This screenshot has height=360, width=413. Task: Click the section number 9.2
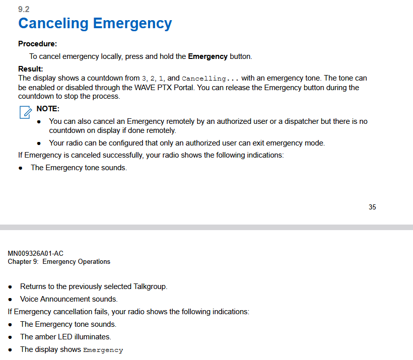(x=24, y=10)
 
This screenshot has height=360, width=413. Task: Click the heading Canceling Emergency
(x=95, y=24)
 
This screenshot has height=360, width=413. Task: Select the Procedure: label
(x=37, y=44)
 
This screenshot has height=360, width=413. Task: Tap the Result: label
(x=31, y=69)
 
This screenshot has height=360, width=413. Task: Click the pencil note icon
(x=25, y=112)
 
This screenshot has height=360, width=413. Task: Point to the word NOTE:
(x=48, y=109)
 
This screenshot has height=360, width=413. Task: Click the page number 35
(x=372, y=207)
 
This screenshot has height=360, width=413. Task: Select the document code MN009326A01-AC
(x=35, y=253)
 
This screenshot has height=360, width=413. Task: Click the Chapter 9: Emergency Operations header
(x=59, y=262)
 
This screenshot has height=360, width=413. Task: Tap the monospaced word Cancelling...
(x=203, y=79)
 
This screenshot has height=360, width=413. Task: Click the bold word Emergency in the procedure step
(x=208, y=56)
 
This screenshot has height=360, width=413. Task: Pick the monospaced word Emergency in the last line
(x=103, y=350)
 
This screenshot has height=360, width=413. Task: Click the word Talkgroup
(x=150, y=286)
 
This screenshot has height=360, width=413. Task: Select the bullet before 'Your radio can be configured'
(x=39, y=143)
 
